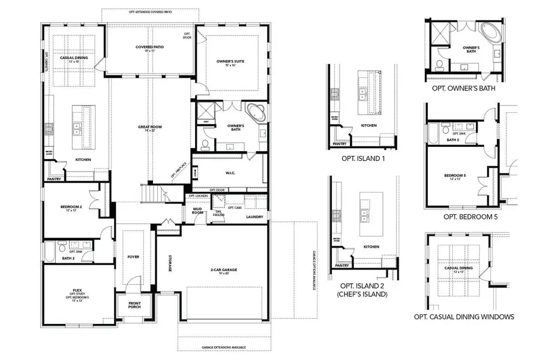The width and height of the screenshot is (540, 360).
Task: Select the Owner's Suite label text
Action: coord(230,61)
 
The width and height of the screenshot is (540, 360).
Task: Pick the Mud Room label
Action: coord(197,211)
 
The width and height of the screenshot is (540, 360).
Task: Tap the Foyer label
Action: coord(133,257)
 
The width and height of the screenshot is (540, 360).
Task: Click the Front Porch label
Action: coord(134,305)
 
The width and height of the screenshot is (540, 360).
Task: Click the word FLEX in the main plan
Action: coord(77,290)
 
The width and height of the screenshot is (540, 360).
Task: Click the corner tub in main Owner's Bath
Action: coord(254,112)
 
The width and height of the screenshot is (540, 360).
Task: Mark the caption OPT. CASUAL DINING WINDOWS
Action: coord(464,317)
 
